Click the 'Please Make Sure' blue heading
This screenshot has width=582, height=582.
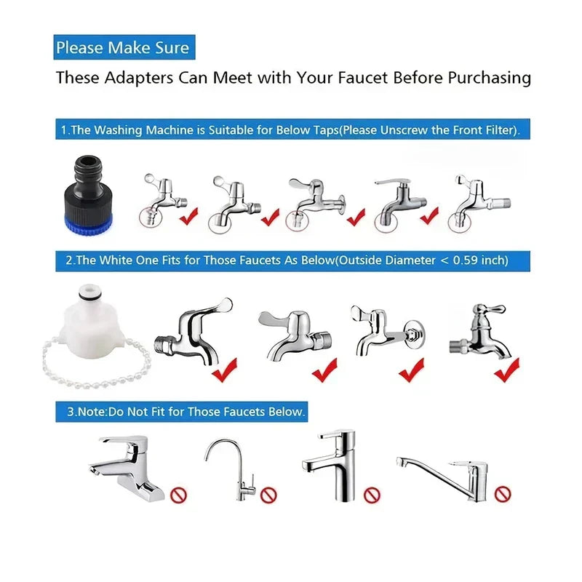tap(124, 47)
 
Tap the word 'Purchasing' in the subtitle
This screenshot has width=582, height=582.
tap(489, 79)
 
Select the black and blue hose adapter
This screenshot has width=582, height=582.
tap(88, 196)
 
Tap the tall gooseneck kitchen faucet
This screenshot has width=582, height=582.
tap(231, 470)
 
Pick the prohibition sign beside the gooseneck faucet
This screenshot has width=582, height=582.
tap(268, 495)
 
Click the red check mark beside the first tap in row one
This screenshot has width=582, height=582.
tap(189, 216)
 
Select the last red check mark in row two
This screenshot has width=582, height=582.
tap(507, 370)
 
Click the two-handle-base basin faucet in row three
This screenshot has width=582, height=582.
tap(126, 469)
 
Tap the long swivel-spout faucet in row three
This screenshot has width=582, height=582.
tap(442, 479)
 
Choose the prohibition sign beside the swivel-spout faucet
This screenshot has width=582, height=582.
tap(503, 494)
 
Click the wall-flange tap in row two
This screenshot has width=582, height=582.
tap(388, 331)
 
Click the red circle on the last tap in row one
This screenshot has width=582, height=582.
tap(460, 223)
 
